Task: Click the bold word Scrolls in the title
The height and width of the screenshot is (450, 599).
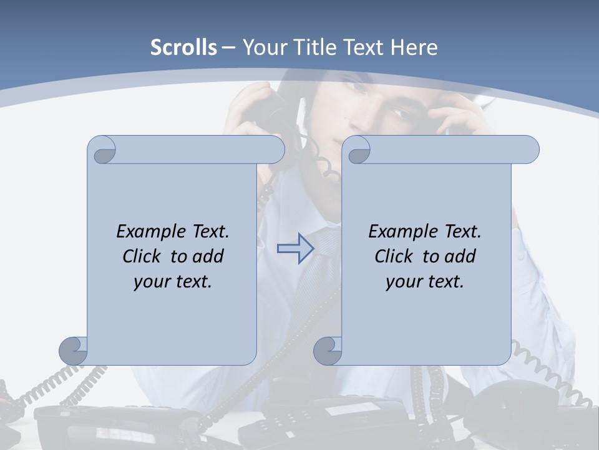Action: pyautogui.click(x=183, y=47)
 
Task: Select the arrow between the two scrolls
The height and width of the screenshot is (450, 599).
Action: pyautogui.click(x=295, y=248)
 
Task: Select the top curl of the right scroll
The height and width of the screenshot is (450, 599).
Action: pyautogui.click(x=357, y=150)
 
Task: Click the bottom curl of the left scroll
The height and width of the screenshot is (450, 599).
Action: pyautogui.click(x=74, y=351)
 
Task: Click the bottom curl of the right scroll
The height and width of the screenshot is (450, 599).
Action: pyautogui.click(x=328, y=351)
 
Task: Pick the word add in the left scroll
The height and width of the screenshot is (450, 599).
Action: pyautogui.click(x=208, y=256)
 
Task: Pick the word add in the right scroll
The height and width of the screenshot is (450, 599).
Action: pyautogui.click(x=460, y=256)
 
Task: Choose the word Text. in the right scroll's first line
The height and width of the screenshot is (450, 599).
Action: pyautogui.click(x=462, y=231)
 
